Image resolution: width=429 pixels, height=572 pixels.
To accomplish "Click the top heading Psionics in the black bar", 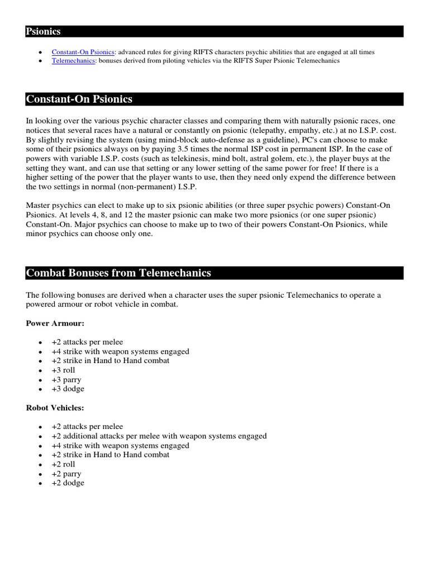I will pyautogui.click(x=43, y=32).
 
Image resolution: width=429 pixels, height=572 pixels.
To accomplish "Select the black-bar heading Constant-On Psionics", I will pyautogui.click(x=79, y=99).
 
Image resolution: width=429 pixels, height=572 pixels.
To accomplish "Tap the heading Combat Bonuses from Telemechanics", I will pyautogui.click(x=118, y=273).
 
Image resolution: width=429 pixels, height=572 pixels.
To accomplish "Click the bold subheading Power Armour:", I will pyautogui.click(x=55, y=323).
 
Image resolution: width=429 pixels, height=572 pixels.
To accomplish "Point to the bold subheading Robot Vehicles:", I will pyautogui.click(x=55, y=408).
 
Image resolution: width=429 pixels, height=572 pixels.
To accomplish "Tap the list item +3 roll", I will pyautogui.click(x=63, y=370).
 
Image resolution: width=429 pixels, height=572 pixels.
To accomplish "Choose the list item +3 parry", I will pyautogui.click(x=66, y=379).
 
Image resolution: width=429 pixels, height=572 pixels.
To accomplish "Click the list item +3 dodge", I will pyautogui.click(x=68, y=389).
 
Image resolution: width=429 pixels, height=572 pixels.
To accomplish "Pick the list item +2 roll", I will pyautogui.click(x=63, y=464).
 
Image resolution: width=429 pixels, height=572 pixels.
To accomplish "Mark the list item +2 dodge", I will pyautogui.click(x=68, y=483).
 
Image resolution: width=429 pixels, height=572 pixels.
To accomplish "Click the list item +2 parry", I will pyautogui.click(x=66, y=474).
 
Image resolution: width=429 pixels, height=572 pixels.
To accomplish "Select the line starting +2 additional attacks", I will pyautogui.click(x=159, y=436).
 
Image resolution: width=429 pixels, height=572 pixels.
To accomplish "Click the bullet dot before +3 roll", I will pyautogui.click(x=39, y=370).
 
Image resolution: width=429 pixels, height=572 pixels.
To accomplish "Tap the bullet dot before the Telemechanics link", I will pyautogui.click(x=39, y=61).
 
